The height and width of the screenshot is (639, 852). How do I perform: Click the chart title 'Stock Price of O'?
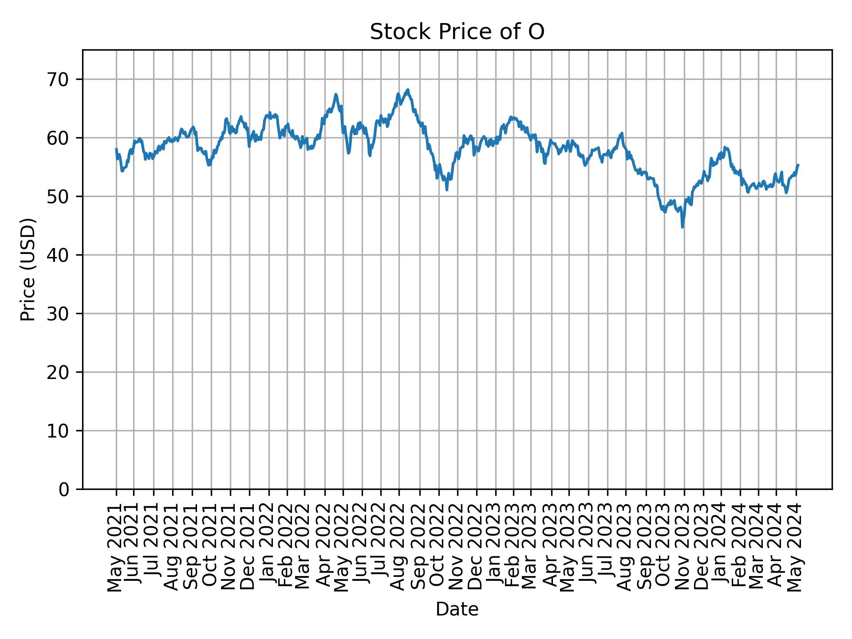pyautogui.click(x=457, y=32)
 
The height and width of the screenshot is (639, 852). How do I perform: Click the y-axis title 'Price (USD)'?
pyautogui.click(x=28, y=269)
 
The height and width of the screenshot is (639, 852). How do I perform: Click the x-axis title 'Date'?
pyautogui.click(x=457, y=610)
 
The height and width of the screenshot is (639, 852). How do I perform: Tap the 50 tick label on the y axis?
pyautogui.click(x=58, y=197)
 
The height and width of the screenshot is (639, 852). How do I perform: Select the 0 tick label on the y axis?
pyautogui.click(x=64, y=489)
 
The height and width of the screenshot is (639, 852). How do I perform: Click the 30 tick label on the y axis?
pyautogui.click(x=58, y=314)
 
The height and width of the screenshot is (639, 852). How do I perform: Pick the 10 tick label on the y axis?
pyautogui.click(x=58, y=431)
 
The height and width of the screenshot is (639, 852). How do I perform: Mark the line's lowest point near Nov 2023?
pyautogui.click(x=682, y=227)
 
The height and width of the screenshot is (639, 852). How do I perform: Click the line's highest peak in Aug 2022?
pyautogui.click(x=408, y=90)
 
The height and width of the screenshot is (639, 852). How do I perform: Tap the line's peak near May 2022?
pyautogui.click(x=336, y=94)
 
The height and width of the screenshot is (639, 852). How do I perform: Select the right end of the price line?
pyautogui.click(x=798, y=165)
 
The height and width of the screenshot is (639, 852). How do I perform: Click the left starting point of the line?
pyautogui.click(x=116, y=149)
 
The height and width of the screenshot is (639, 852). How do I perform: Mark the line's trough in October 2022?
pyautogui.click(x=446, y=190)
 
